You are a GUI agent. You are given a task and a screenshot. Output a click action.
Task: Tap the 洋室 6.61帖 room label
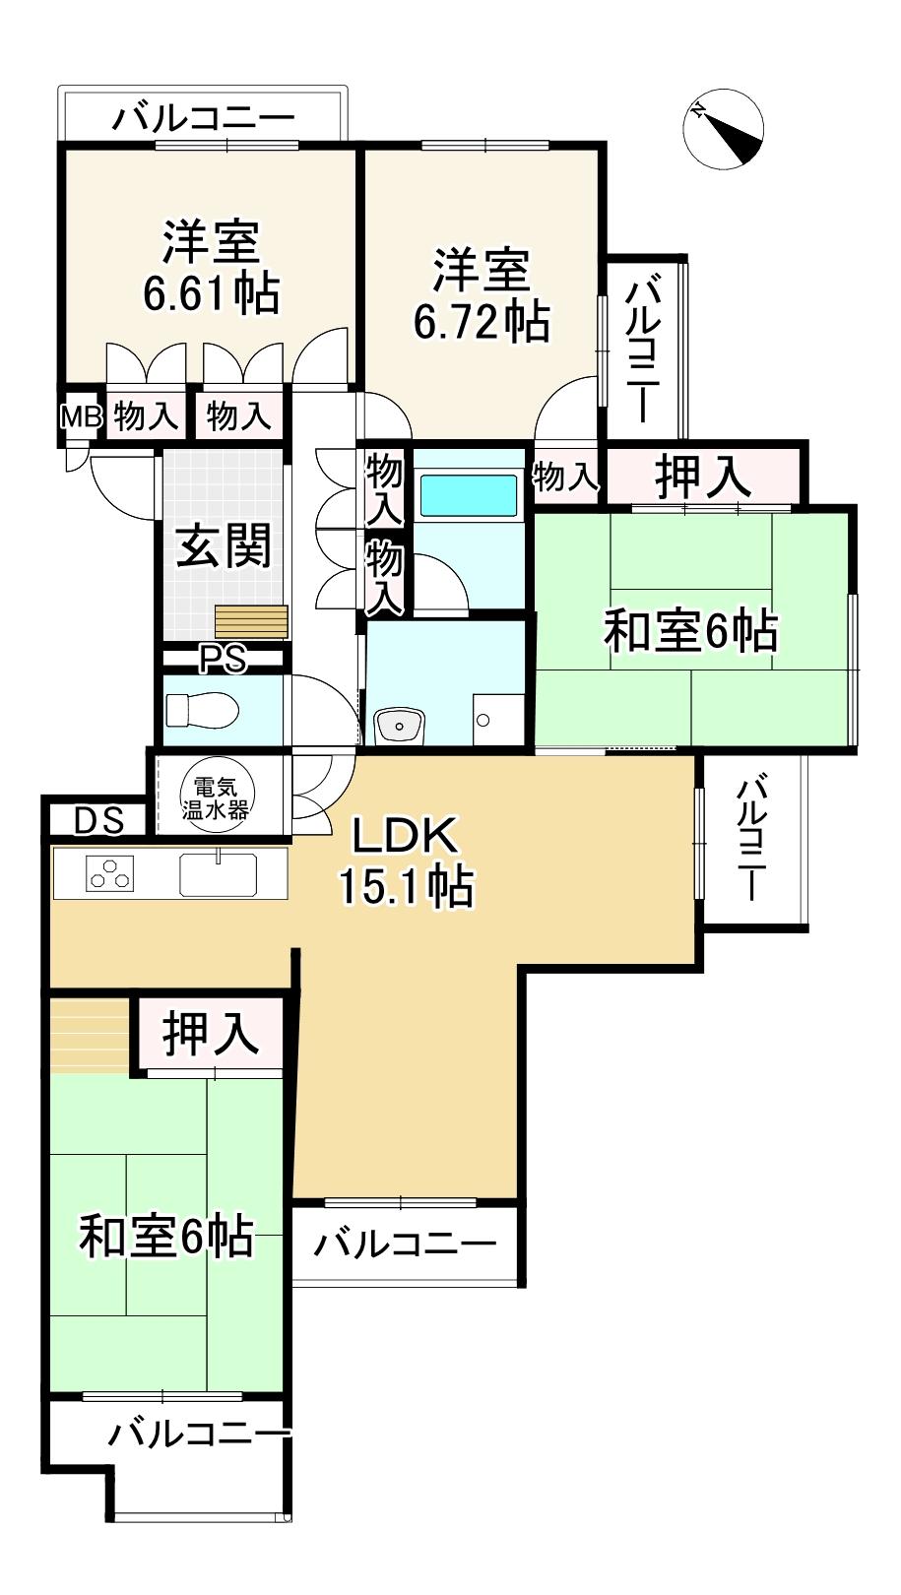pyautogui.click(x=211, y=267)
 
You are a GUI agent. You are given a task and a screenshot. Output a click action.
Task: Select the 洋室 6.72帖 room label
pyautogui.click(x=482, y=295)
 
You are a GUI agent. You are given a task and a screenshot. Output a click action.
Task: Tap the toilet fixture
pyautogui.click(x=201, y=709)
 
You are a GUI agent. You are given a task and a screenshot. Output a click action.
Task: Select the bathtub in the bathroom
pyautogui.click(x=469, y=494)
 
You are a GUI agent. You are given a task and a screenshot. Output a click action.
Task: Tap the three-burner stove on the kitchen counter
pyautogui.click(x=109, y=873)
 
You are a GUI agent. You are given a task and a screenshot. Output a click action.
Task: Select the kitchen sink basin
pyautogui.click(x=218, y=874)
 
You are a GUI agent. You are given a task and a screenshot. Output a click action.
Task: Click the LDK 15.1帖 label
pyautogui.click(x=406, y=862)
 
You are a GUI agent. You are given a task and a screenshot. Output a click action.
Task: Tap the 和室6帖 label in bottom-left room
pyautogui.click(x=166, y=1236)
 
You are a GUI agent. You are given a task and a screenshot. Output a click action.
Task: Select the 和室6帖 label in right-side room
pyautogui.click(x=690, y=631)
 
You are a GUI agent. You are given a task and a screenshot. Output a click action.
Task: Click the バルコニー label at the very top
pyautogui.click(x=203, y=119)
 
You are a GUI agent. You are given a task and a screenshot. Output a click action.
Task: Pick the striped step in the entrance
pyautogui.click(x=252, y=622)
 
